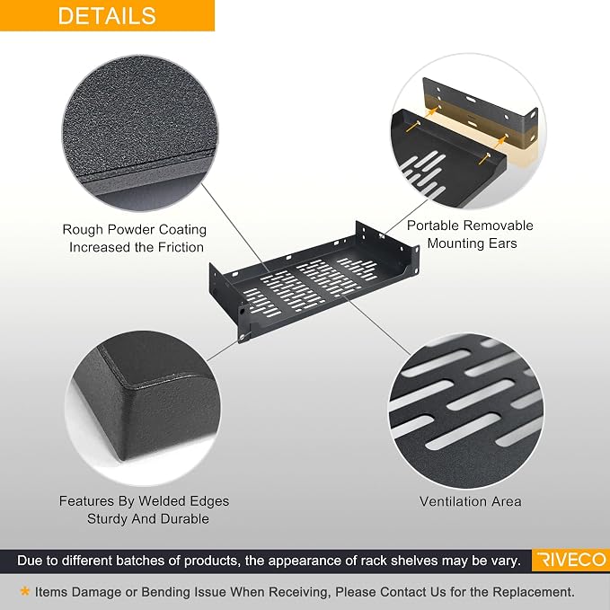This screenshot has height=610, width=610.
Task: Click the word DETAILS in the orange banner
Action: pos(107,16)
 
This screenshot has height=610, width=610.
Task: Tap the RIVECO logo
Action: pos(570,560)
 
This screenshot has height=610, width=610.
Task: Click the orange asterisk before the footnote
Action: pos(25,591)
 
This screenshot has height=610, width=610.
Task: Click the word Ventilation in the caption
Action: pos(448,501)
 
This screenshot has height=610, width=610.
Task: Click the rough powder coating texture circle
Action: pos(140,133)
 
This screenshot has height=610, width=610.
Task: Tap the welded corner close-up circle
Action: pos(143,407)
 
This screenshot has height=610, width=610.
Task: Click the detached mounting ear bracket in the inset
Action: pos(481,112)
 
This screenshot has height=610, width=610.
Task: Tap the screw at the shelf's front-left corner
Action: pos(243,336)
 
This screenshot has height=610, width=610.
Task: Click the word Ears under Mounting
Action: pos(502,243)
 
